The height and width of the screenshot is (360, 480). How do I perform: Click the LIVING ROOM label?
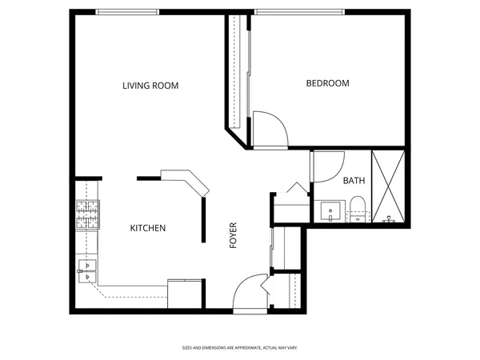click(x=150, y=86)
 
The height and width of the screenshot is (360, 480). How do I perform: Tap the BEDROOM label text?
click(x=327, y=83)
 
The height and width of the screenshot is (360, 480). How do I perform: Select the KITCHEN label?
click(x=147, y=228)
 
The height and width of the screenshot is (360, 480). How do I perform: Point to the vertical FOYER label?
click(x=234, y=234)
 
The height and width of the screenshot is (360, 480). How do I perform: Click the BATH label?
click(x=354, y=181)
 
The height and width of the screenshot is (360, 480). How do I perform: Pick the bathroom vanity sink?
click(x=330, y=212)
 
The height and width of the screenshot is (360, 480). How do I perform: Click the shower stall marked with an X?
click(x=388, y=186)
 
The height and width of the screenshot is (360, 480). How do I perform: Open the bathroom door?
click(x=327, y=166)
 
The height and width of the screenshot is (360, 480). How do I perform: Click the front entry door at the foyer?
click(x=250, y=292)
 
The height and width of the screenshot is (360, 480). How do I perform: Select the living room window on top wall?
click(x=126, y=11)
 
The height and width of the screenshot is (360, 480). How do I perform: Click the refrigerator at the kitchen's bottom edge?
click(x=185, y=293)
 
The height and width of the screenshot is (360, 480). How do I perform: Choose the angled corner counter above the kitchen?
click(x=186, y=182)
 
